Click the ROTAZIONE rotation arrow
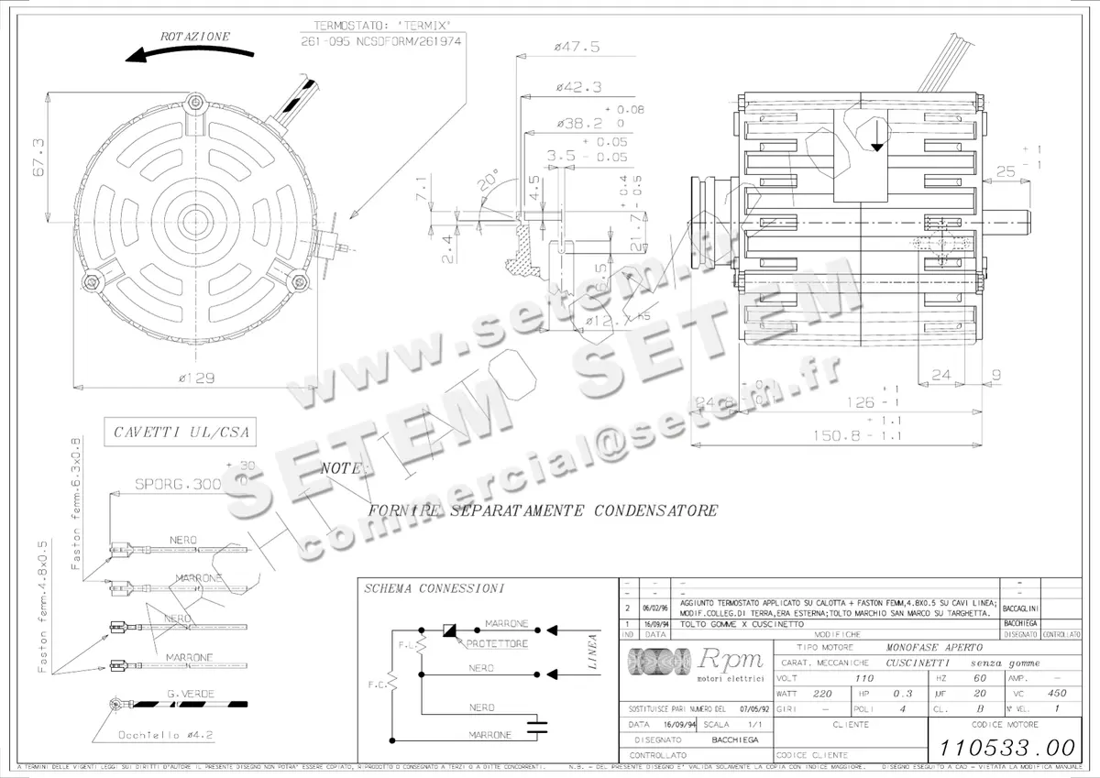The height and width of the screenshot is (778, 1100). click(180, 53)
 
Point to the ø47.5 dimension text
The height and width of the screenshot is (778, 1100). click(577, 47)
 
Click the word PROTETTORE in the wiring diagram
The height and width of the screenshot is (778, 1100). click(497, 644)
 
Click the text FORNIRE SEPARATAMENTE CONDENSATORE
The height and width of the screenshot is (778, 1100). click(542, 510)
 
